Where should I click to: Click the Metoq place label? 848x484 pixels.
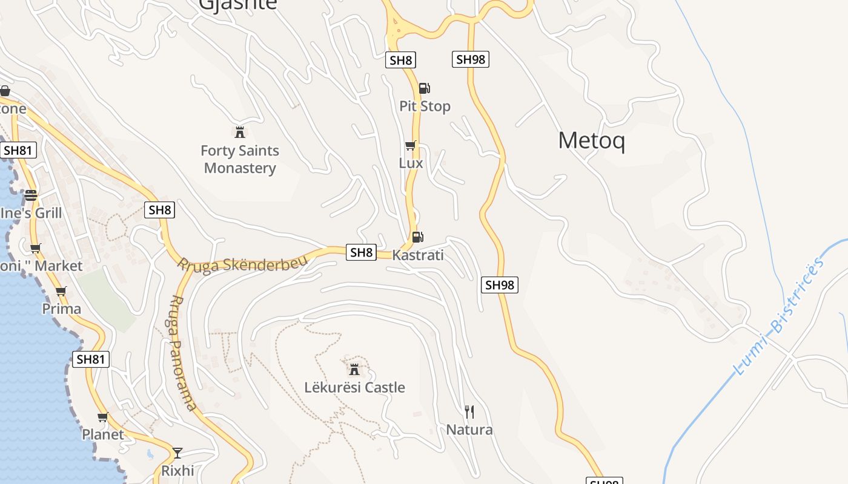591,140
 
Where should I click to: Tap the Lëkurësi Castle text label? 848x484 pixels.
354,387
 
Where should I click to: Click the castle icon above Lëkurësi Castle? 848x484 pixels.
354,369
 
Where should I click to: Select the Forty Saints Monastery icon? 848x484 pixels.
240,132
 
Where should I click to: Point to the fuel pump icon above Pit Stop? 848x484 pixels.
425,88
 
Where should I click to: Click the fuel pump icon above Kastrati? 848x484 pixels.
417,237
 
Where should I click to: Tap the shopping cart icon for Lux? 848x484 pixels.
411,145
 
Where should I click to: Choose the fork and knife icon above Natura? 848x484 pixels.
469,412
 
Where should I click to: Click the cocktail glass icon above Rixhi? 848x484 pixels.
177,453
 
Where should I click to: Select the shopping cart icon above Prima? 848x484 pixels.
61,291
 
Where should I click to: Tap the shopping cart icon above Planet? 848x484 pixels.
103,417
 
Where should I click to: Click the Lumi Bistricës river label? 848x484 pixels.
778,316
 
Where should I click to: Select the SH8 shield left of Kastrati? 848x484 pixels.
361,252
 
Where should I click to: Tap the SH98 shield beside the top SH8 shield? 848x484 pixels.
470,59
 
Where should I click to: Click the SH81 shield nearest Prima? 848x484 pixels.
91,359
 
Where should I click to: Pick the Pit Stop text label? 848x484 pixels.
425,106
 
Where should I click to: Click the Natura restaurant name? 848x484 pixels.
469,430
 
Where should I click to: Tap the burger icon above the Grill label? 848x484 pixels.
31,195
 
